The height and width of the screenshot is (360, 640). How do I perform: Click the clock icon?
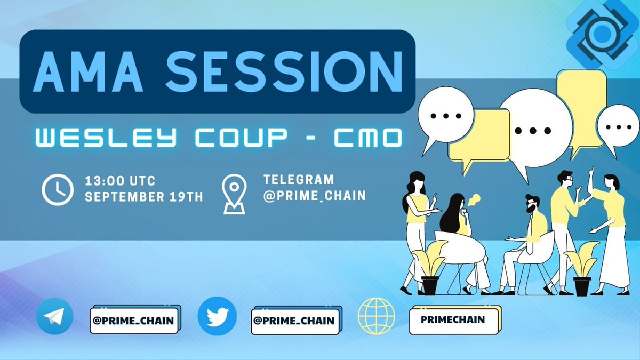click(x=57, y=189)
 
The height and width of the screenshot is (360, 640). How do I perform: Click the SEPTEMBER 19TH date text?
click(x=144, y=197)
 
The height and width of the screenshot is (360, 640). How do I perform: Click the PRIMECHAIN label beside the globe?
click(x=453, y=320)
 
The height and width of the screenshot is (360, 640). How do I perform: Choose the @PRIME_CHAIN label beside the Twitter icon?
click(x=293, y=321)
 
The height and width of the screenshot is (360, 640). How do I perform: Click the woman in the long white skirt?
click(x=610, y=235)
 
